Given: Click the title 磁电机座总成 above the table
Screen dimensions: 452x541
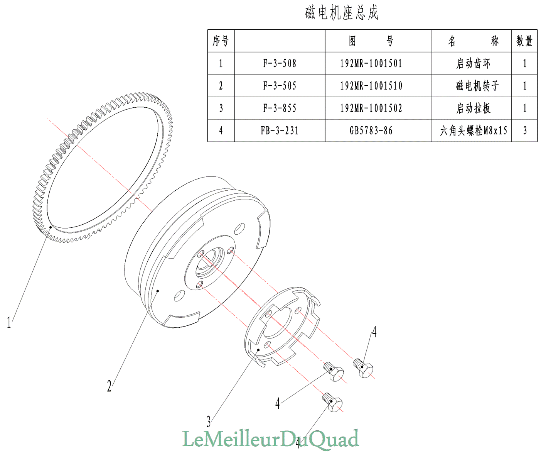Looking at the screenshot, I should (342, 13).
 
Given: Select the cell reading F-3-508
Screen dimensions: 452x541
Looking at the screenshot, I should (280, 63).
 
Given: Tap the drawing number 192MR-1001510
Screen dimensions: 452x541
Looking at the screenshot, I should (371, 86).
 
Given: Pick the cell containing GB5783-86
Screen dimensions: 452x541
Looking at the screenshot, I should (371, 131).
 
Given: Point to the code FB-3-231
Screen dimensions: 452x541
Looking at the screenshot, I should (280, 131).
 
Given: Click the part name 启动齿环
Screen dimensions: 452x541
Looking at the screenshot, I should (473, 63).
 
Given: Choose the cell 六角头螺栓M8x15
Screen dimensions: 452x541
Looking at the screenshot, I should (473, 131).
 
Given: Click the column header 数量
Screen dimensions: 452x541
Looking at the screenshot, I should (524, 41).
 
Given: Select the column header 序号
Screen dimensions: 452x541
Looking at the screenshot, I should (221, 41).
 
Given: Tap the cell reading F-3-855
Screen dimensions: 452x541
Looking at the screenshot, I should (280, 108).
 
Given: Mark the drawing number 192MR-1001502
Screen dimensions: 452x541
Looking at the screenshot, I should (371, 108).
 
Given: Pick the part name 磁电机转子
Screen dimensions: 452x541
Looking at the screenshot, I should (477, 86).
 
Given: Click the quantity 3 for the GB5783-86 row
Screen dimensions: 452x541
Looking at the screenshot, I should (525, 131).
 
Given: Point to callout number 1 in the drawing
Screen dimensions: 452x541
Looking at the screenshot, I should (9, 322).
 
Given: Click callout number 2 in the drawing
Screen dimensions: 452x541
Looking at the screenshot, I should (110, 386).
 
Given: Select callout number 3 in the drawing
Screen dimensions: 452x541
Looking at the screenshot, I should (209, 421).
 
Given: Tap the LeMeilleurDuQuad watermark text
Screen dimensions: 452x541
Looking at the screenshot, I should (270, 439).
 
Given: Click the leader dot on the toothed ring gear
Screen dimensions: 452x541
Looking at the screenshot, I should (51, 227).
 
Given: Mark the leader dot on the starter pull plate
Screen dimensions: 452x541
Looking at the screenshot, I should (258, 350).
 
